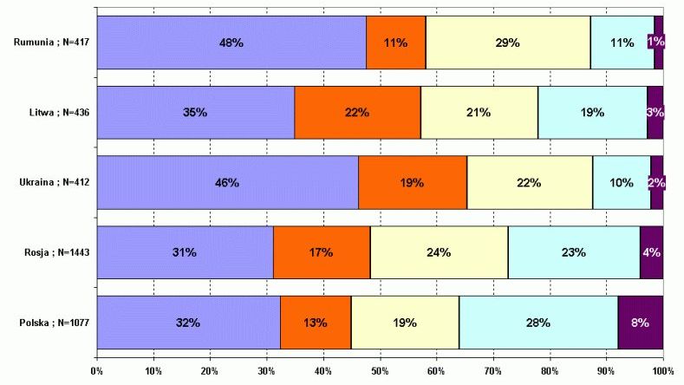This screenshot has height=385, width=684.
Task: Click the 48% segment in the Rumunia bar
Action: coord(231,42)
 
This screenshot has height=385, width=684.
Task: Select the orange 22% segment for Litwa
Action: coord(358,113)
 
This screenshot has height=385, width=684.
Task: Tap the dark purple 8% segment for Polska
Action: coord(641,323)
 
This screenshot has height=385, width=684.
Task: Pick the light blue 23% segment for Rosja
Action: coord(574,252)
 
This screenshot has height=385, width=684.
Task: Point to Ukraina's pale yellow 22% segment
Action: coord(530,182)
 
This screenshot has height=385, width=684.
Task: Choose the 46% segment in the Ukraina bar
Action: coord(228,182)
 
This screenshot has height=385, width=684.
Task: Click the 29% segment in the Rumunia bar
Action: coord(508,42)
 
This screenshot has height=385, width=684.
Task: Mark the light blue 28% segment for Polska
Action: coord(538,323)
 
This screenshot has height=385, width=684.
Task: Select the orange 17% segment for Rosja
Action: coord(322,252)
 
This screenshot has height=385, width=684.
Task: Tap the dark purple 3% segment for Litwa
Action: coord(655,113)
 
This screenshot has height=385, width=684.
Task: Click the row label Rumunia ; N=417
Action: coord(51,42)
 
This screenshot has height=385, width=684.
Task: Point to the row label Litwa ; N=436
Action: coord(59,113)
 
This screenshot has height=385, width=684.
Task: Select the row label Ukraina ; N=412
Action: coord(55,182)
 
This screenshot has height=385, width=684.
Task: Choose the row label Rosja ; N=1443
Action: coord(57,252)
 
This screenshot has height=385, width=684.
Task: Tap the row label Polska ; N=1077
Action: coord(55,323)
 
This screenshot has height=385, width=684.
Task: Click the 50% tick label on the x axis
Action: coord(380,371)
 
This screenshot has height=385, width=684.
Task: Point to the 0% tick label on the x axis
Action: coord(96,371)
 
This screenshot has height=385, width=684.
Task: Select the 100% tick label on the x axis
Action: coord(663,371)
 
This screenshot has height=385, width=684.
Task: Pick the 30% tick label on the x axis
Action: coord(266,371)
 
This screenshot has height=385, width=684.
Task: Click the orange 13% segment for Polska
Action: coord(316,323)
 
